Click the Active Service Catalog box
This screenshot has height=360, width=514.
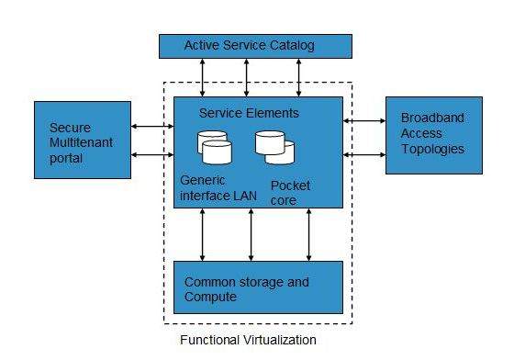254,45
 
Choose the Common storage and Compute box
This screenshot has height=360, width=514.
258,287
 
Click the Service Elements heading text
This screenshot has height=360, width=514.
249,113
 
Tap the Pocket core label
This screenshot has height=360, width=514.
290,192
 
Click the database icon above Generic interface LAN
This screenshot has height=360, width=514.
215,147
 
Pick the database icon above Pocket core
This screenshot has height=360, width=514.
274,147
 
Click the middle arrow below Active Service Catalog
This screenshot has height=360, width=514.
247,76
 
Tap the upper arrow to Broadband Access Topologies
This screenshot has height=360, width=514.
364,120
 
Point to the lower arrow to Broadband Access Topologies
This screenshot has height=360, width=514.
364,154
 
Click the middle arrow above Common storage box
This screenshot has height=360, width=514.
251,234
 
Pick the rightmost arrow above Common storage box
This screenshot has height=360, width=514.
309,234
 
